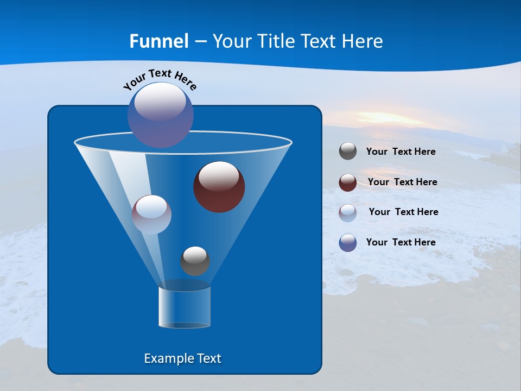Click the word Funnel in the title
click(158, 41)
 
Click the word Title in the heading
click(277, 41)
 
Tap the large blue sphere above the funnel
click(160, 115)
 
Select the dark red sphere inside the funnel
click(219, 187)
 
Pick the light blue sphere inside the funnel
click(151, 215)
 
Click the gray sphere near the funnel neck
click(195, 261)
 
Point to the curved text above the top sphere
click(160, 79)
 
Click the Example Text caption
click(182, 358)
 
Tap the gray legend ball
click(348, 152)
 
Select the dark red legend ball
click(348, 182)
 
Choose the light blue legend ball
click(348, 212)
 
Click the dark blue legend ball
click(348, 242)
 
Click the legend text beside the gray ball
click(401, 152)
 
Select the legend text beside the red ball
click(402, 182)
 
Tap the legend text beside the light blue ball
click(403, 212)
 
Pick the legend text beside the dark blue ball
click(401, 242)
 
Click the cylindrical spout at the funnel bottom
click(185, 307)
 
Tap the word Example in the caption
click(166, 358)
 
